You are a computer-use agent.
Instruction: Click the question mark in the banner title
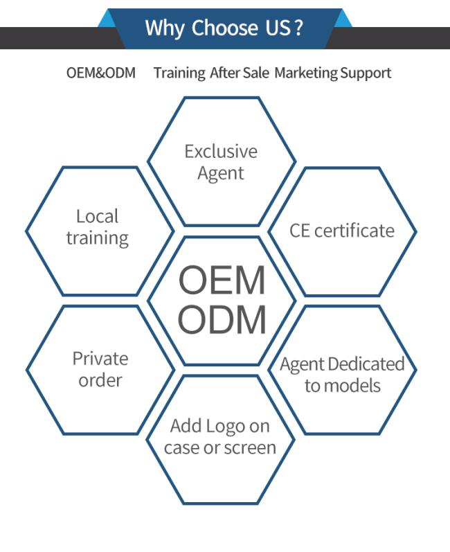[x=298, y=28]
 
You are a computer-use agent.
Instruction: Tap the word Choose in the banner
[x=224, y=28]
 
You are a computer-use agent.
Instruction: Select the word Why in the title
[x=165, y=29]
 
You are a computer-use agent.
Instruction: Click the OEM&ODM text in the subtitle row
[x=101, y=73]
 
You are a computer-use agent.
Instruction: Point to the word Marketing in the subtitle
[x=306, y=73]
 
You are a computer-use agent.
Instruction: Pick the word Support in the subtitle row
[x=366, y=73]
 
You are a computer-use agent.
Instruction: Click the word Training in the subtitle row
[x=179, y=73]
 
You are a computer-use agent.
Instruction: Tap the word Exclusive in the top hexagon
[x=221, y=152]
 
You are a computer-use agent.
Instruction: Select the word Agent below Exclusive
[x=221, y=174]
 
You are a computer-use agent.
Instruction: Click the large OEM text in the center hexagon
[x=222, y=281]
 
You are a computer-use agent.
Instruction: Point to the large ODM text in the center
[x=222, y=320]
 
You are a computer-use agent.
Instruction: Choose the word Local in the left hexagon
[x=97, y=216]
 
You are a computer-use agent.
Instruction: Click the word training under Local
[x=98, y=238]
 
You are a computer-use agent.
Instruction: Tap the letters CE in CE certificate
[x=300, y=231]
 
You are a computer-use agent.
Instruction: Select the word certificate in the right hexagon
[x=354, y=231]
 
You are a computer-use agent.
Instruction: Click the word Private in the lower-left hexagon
[x=100, y=359]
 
